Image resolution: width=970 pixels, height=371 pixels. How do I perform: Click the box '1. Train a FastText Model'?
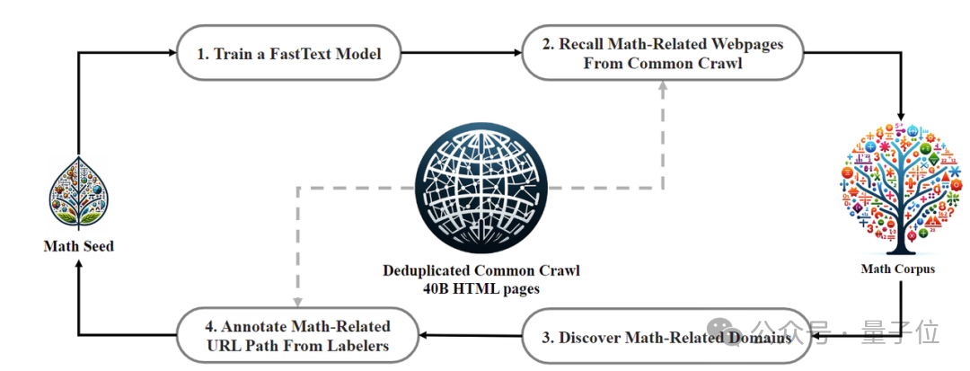coord(288,54)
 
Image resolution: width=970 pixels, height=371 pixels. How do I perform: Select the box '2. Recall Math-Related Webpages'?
coord(663,54)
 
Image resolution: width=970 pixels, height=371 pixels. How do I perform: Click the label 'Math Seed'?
coord(79,245)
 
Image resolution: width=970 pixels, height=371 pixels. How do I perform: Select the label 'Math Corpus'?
coord(898,268)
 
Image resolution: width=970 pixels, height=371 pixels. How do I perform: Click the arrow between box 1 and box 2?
coord(463,54)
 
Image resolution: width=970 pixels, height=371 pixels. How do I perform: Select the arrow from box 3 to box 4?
coord(472,337)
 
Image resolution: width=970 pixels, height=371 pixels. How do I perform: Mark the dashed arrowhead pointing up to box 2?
coord(663,87)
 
